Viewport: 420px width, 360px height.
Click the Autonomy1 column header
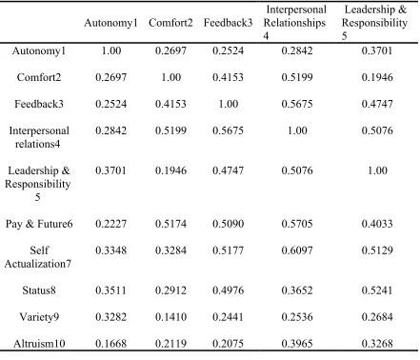click(x=110, y=23)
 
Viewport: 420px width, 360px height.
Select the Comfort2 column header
click(x=170, y=23)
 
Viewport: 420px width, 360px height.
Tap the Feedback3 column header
click(x=228, y=23)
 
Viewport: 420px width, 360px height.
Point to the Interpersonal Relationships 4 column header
click(x=295, y=23)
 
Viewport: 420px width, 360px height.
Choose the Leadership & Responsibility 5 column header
click(x=375, y=23)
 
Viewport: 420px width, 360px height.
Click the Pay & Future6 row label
click(x=39, y=224)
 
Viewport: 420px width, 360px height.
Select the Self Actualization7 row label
click(x=38, y=257)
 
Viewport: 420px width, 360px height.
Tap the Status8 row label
click(x=39, y=290)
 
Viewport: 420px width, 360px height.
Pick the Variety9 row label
click(x=39, y=317)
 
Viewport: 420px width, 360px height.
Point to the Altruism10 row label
click(x=39, y=344)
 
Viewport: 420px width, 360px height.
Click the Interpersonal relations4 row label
click(x=39, y=137)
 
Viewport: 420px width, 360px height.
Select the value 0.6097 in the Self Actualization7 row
click(x=297, y=250)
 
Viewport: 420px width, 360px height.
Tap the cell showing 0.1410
click(x=170, y=317)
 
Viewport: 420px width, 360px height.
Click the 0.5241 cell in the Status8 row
click(x=377, y=290)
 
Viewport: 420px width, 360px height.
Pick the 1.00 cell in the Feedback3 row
click(x=229, y=104)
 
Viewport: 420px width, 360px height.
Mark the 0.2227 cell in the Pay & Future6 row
click(x=110, y=224)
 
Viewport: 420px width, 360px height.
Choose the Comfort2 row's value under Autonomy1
click(x=110, y=77)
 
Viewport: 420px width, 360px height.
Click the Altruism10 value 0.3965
click(x=297, y=344)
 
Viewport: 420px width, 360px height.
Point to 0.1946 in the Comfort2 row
click(x=377, y=77)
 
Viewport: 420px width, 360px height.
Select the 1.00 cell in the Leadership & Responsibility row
click(x=377, y=170)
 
